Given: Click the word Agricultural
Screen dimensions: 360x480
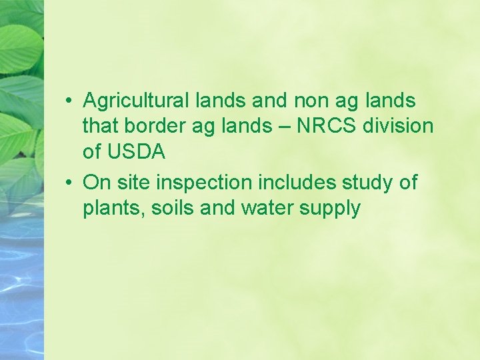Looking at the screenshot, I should pyautogui.click(x=137, y=101).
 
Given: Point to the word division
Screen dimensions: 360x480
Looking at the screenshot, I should pyautogui.click(x=398, y=127).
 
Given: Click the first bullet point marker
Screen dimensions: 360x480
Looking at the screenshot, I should pyautogui.click(x=69, y=102).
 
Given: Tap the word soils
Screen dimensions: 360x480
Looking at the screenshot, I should pyautogui.click(x=173, y=208).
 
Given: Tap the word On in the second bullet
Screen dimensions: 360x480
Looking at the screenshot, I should pyautogui.click(x=97, y=183).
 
